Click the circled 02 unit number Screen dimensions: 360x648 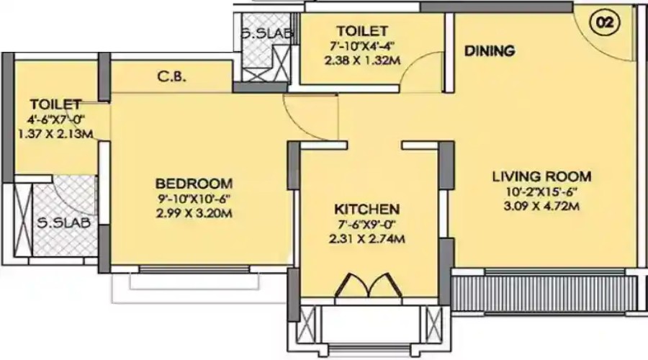(x=605, y=22)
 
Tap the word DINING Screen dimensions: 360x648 (x=489, y=51)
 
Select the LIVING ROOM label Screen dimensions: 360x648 (x=541, y=176)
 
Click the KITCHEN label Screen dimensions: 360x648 (x=367, y=210)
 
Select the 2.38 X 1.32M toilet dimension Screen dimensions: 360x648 (x=362, y=61)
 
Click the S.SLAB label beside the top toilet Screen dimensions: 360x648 (x=256, y=33)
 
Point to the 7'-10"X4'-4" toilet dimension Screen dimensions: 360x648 (x=362, y=47)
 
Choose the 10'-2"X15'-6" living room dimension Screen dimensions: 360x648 (x=541, y=192)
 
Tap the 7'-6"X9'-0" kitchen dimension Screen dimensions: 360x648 (x=367, y=225)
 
